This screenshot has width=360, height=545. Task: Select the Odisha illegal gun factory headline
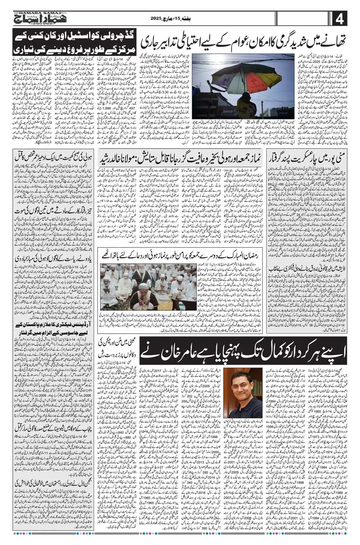pos(310,258)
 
